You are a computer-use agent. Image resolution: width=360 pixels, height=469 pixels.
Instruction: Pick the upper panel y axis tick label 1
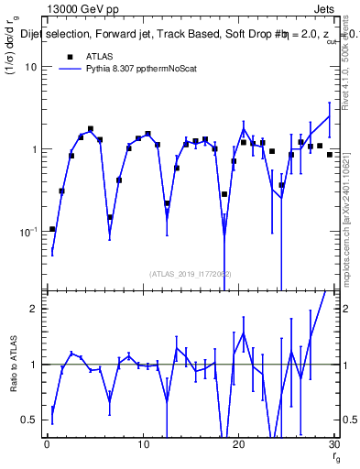(35, 149)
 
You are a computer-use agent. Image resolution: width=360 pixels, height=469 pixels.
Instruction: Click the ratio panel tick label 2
(35, 309)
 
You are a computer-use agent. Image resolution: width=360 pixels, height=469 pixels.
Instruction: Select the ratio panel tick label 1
(35, 365)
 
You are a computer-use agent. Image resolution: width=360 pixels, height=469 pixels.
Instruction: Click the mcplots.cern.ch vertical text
(347, 229)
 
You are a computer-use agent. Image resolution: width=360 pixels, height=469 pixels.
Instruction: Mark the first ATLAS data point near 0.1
(52, 229)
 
